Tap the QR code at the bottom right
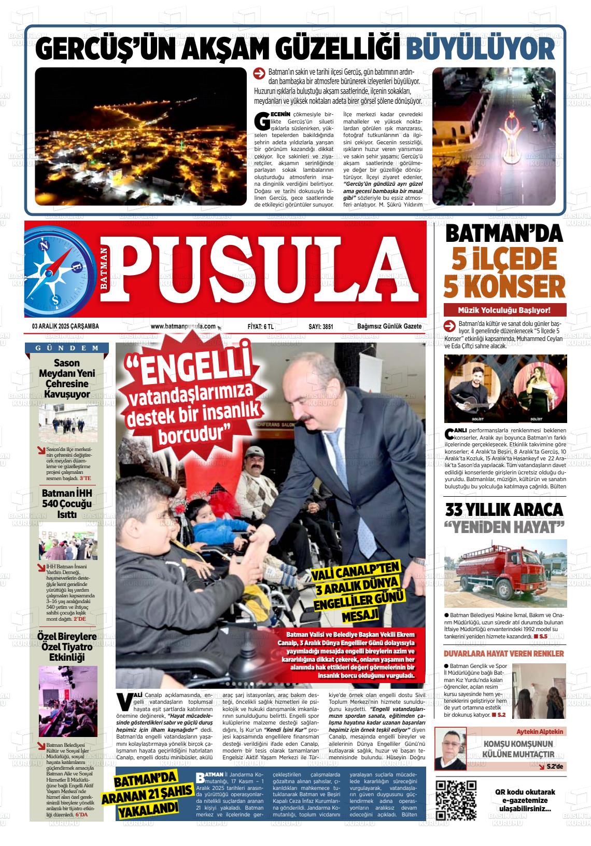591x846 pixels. tap(456, 799)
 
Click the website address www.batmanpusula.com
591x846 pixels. tap(183, 326)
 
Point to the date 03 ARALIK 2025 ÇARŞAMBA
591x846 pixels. tap(65, 326)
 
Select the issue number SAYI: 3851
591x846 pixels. tap(320, 326)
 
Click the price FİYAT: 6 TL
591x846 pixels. tap(261, 326)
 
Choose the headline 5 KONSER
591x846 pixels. tap(504, 285)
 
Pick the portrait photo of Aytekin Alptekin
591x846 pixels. tap(450, 748)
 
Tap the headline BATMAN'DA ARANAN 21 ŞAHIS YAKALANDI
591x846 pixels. tap(146, 794)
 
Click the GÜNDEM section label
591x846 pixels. tap(68, 348)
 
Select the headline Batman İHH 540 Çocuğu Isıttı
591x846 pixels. tap(67, 504)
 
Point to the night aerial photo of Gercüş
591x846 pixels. tap(140, 137)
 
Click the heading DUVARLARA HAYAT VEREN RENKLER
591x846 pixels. tap(504, 653)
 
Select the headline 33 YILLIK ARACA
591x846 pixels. tap(504, 509)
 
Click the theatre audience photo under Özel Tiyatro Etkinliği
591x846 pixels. tap(68, 694)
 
